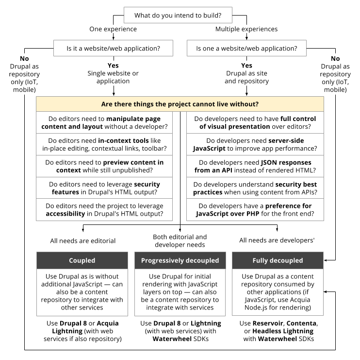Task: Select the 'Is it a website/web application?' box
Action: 113,49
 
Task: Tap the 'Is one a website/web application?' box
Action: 246,49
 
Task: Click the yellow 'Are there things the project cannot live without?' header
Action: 180,104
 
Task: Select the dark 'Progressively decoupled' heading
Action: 180,260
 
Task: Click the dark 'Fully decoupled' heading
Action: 278,260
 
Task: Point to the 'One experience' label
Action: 113,29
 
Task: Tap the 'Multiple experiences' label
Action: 246,29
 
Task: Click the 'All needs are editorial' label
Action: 83,240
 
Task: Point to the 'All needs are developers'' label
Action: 278,240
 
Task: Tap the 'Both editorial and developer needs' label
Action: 180,241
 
